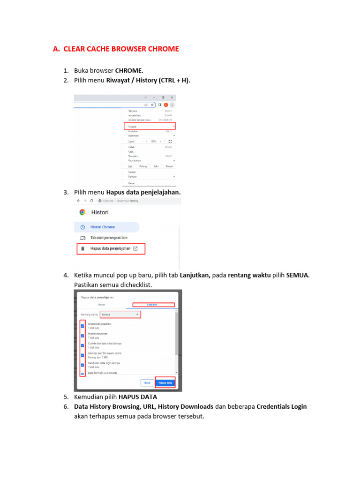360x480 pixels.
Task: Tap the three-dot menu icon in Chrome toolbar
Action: (x=172, y=105)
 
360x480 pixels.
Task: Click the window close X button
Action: (x=172, y=97)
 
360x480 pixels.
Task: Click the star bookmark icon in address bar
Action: (x=152, y=105)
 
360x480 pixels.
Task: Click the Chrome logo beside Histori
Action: (x=82, y=212)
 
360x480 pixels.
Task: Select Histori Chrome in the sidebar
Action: (x=102, y=227)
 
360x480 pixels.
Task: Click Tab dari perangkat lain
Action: (x=109, y=238)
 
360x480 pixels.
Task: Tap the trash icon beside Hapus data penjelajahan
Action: (x=82, y=248)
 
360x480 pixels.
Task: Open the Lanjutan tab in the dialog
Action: (x=153, y=305)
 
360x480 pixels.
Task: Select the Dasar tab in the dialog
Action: (x=101, y=305)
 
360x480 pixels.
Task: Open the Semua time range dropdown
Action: (x=120, y=315)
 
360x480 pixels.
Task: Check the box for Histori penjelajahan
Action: (x=83, y=326)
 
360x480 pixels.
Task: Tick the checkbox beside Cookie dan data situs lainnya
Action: (x=83, y=345)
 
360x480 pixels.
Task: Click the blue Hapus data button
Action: (x=165, y=382)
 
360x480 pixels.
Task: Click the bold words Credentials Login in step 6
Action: (x=281, y=406)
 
